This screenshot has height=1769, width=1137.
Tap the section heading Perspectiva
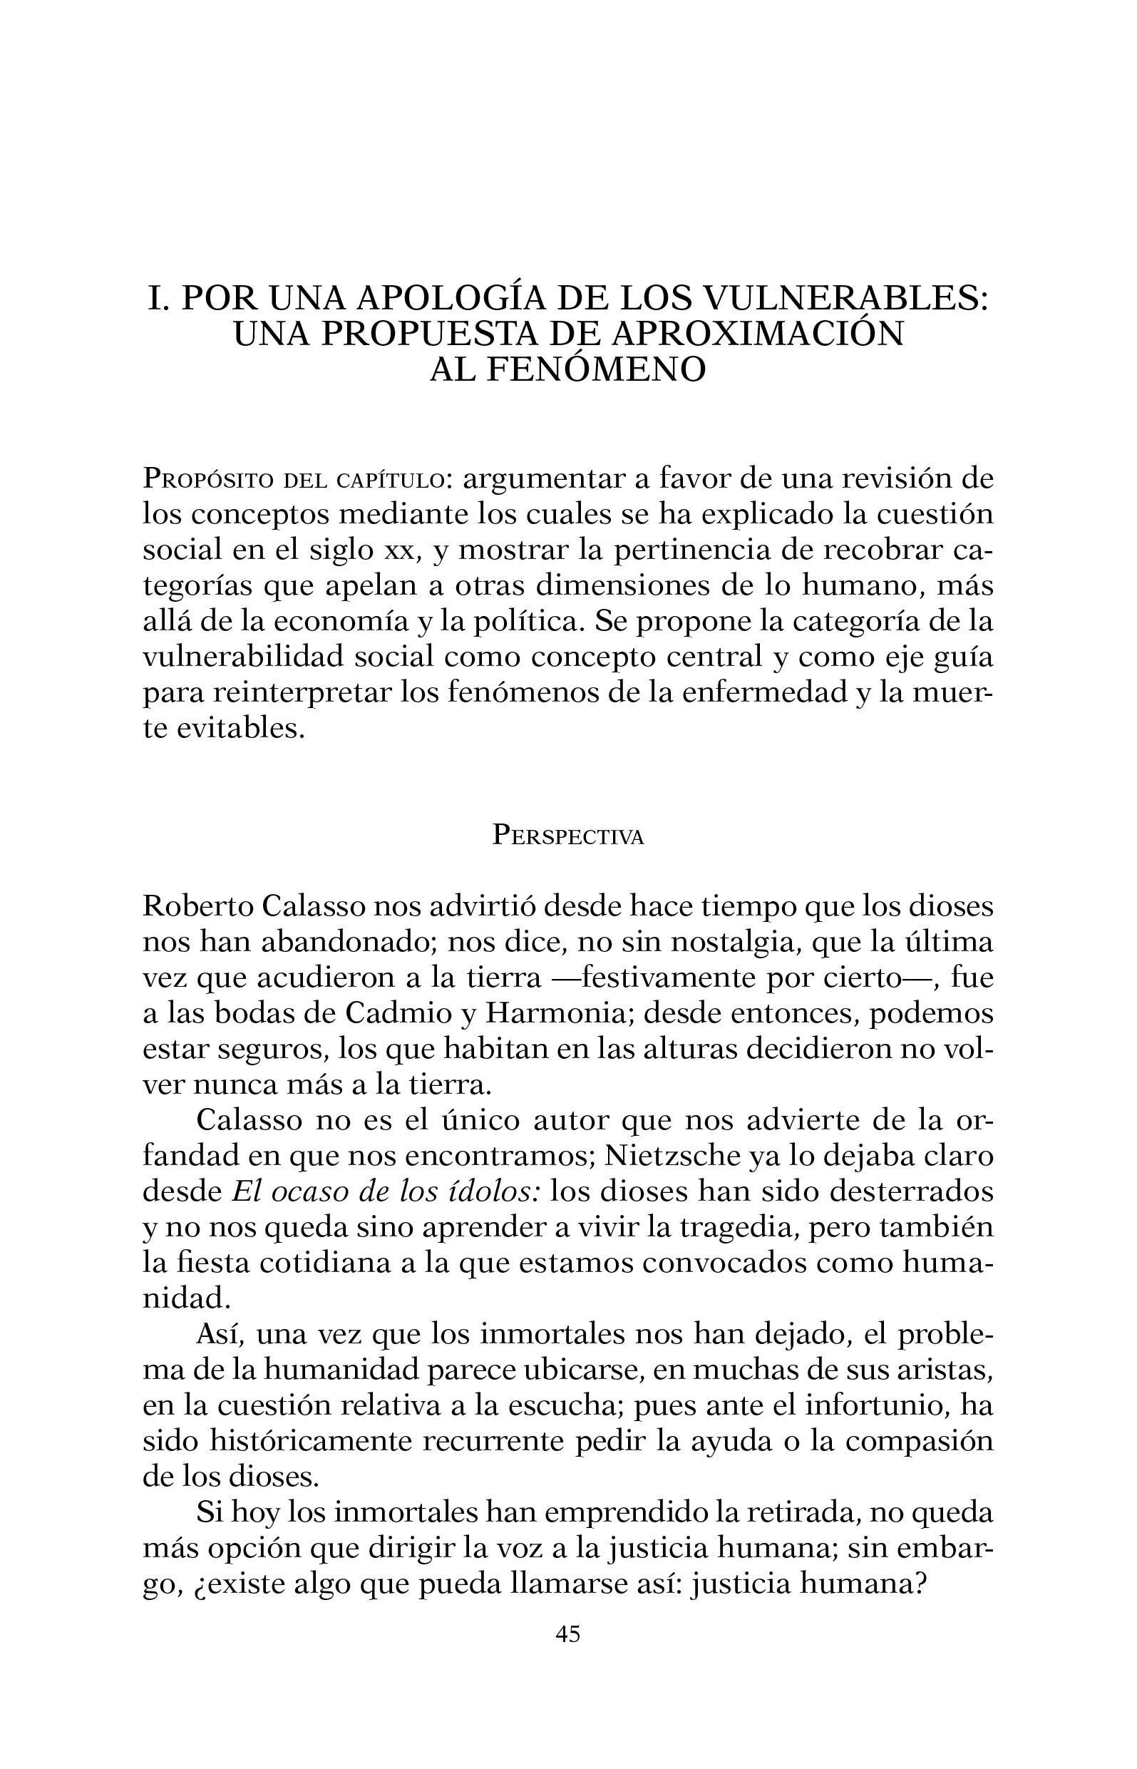pos(567,836)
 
